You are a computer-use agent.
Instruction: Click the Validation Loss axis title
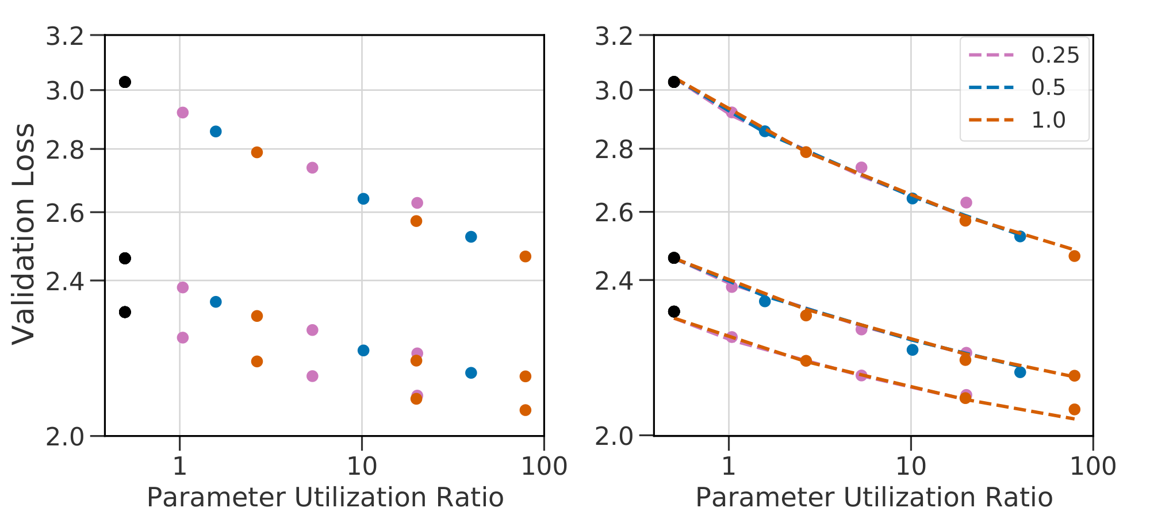pyautogui.click(x=24, y=234)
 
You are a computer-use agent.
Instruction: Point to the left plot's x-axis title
pyautogui.click(x=325, y=497)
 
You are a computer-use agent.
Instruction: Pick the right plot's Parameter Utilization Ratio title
pyautogui.click(x=874, y=497)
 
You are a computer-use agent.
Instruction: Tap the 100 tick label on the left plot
pyautogui.click(x=543, y=466)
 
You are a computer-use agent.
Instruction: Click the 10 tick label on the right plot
pyautogui.click(x=911, y=466)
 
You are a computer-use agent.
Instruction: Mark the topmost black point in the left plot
pyautogui.click(x=125, y=82)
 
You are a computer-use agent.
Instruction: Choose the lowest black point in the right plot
pyautogui.click(x=674, y=312)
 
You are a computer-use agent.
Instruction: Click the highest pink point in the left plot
pyautogui.click(x=182, y=113)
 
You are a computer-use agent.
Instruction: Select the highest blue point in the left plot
pyautogui.click(x=216, y=132)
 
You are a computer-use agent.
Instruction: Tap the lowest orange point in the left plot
pyautogui.click(x=525, y=410)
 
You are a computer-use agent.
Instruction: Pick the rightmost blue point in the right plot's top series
pyautogui.click(x=1020, y=236)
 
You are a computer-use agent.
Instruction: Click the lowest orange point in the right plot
pyautogui.click(x=1074, y=409)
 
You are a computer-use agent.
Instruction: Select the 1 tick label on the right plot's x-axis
pyautogui.click(x=729, y=466)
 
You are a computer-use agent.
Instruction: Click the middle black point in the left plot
pyautogui.click(x=125, y=259)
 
